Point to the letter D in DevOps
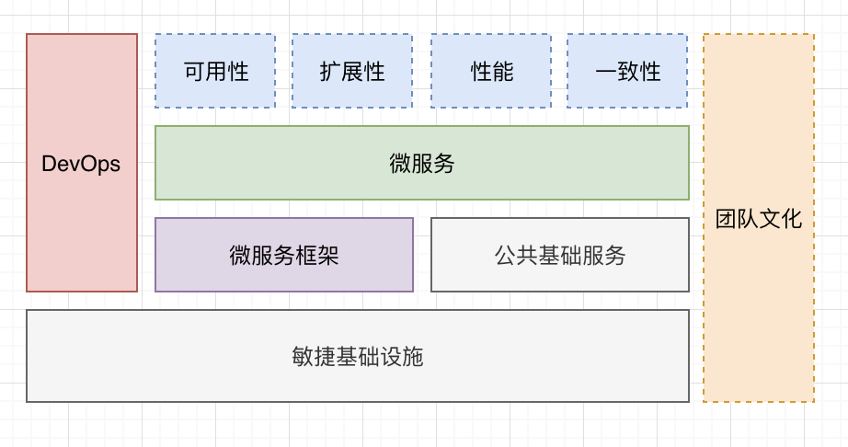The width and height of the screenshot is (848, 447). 49,165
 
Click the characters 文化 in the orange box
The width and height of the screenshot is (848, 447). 781,219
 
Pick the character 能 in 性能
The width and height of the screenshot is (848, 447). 503,72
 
